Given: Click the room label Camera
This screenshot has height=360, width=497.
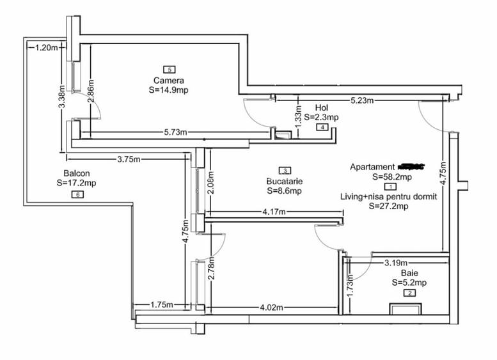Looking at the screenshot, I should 169,81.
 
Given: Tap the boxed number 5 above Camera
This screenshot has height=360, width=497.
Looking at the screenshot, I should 169,69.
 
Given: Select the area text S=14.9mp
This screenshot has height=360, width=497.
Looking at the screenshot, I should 169,90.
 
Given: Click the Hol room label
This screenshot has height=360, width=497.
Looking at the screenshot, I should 322,107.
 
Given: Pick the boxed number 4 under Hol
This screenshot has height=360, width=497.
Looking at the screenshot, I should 322,127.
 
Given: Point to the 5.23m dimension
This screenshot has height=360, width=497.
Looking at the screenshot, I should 362,100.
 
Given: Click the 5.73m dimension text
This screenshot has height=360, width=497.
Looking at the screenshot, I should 175,132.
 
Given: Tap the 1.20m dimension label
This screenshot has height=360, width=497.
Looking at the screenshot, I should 47,47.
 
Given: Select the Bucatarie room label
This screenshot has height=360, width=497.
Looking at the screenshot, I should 285,181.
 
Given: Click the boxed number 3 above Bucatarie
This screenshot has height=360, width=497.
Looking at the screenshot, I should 285,170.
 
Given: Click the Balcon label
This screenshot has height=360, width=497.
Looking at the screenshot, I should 76,173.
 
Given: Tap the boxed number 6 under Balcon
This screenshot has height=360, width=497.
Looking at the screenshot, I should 77,194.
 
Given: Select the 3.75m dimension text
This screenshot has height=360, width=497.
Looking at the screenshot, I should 129,160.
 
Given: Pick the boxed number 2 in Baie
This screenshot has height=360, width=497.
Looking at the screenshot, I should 409,293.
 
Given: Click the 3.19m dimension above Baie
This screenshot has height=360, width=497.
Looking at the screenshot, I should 397,262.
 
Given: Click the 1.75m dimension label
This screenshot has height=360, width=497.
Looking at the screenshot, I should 162,305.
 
